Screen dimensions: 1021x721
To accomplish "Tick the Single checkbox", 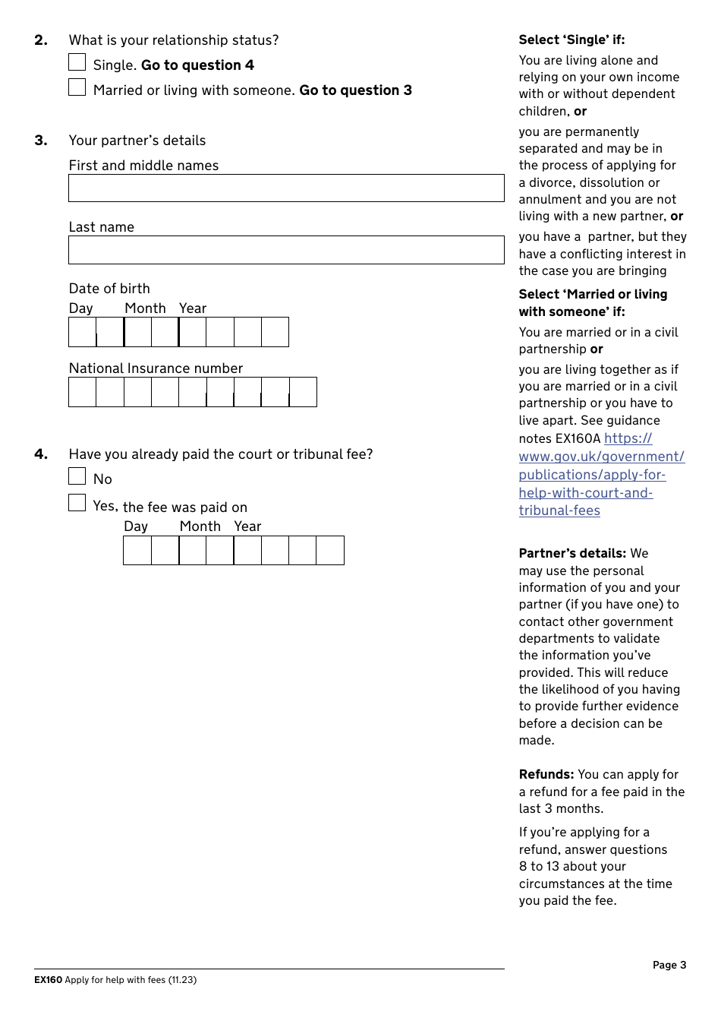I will click(x=77, y=62).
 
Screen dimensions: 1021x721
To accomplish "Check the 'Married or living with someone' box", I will click(x=77, y=87).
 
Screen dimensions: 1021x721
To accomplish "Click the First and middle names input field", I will click(x=286, y=188).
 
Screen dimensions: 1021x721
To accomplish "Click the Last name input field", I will click(x=286, y=250).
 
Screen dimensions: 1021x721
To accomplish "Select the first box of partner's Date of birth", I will click(x=82, y=332).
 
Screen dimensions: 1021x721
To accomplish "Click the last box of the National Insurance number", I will click(x=303, y=392).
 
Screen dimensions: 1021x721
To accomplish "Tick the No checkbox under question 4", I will click(x=77, y=476).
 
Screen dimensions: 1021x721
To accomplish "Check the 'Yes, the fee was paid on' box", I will click(x=77, y=503).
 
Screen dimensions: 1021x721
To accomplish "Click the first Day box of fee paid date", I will click(x=137, y=551).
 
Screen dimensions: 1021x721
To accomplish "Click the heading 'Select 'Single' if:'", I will click(x=571, y=40).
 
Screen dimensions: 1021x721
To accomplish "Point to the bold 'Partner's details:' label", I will click(x=572, y=553).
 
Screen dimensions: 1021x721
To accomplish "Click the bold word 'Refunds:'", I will click(x=546, y=774).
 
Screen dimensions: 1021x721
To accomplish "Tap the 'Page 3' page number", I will click(x=669, y=965).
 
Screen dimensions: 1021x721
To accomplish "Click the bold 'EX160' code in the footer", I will click(x=48, y=980).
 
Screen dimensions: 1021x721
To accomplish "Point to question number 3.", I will click(x=41, y=141).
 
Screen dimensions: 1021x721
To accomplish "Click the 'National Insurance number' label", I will click(x=156, y=368).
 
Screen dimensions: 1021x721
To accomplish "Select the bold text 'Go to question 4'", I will click(x=197, y=65).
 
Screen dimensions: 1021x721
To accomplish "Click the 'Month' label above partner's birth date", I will click(x=145, y=308).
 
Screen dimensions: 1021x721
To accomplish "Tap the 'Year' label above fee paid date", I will click(x=247, y=526).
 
